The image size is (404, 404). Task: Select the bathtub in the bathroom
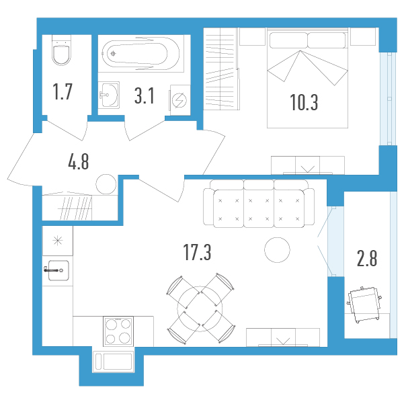(140, 54)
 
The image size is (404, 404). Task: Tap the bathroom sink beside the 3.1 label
(109, 95)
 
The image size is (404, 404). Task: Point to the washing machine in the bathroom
(180, 100)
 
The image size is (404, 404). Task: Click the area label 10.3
(304, 102)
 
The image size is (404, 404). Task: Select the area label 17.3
(197, 252)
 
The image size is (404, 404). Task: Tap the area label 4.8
(79, 161)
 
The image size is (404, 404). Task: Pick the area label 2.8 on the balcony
(367, 258)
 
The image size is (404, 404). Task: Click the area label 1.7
(63, 91)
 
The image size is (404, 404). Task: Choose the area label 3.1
(145, 95)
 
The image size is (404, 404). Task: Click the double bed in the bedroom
(307, 78)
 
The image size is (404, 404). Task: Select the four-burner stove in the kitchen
(118, 331)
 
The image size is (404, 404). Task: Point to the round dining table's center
(200, 308)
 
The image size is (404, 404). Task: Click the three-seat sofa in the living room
(259, 204)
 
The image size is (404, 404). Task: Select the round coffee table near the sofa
(277, 250)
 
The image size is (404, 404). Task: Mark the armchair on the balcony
(364, 305)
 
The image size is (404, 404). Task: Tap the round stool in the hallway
(106, 184)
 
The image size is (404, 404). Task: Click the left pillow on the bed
(288, 40)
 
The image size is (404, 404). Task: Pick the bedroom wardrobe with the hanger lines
(222, 69)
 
